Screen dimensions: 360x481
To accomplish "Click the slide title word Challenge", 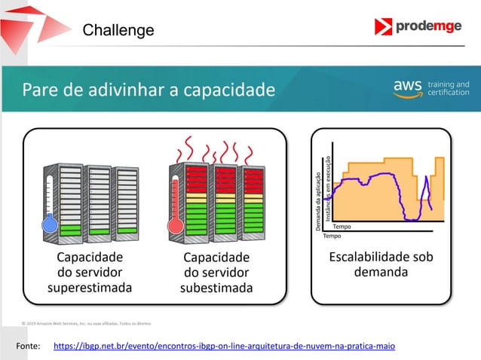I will pos(118,30).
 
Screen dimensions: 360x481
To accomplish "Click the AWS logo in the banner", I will pos(408,88).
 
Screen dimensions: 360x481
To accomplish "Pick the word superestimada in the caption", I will pos(89,287).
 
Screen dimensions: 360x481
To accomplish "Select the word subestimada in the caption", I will pos(216,288).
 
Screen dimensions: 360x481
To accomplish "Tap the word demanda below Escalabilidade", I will pos(381,271).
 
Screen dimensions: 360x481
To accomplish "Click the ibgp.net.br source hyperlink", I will pos(224,346).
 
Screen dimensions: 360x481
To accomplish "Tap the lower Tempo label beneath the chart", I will pos(332,235).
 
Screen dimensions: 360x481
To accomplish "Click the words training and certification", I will pos(449,88).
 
